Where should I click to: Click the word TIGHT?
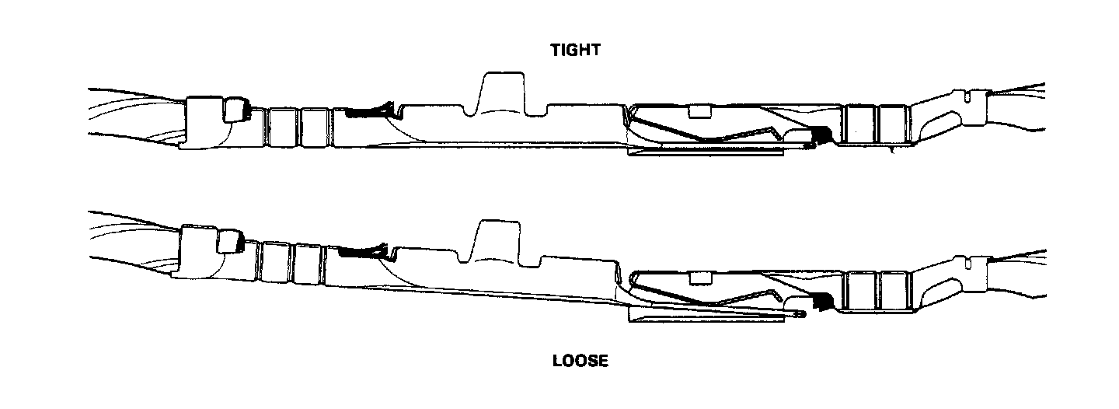pyautogui.click(x=575, y=51)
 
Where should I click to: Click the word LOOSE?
pyautogui.click(x=580, y=361)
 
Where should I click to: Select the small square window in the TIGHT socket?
pyautogui.click(x=700, y=110)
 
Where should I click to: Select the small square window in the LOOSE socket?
pyautogui.click(x=702, y=277)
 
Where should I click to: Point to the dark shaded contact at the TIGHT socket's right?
pyautogui.click(x=817, y=138)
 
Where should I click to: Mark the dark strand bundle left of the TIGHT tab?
pyautogui.click(x=364, y=112)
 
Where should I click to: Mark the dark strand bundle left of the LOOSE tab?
pyautogui.click(x=361, y=250)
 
